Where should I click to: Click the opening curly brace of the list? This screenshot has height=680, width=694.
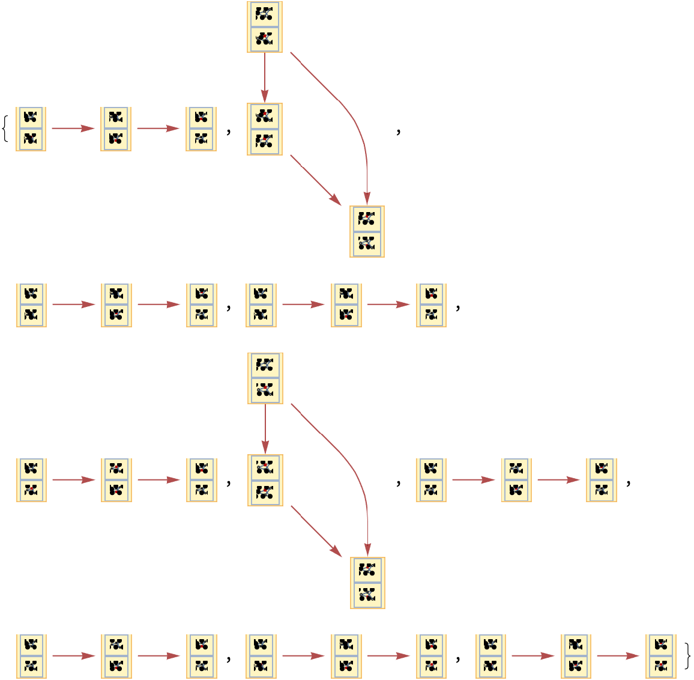point(6,129)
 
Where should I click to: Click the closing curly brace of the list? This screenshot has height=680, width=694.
point(687,656)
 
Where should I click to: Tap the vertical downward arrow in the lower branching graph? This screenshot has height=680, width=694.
point(265,428)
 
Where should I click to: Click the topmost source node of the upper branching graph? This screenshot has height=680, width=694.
point(265,26)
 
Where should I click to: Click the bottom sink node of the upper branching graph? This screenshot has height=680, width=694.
point(367,232)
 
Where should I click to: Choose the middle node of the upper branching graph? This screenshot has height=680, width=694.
point(265,129)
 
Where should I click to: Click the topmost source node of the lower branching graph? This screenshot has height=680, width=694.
point(265,378)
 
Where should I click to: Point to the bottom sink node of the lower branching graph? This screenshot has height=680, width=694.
point(367,583)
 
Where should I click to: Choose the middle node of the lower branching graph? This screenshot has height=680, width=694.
point(265,480)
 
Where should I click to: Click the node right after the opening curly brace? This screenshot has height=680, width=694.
point(31,129)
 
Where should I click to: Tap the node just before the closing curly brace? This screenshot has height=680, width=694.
point(660,656)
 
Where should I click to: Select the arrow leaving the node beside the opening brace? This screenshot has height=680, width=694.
point(73,129)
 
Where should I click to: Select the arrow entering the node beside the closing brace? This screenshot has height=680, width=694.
point(618,656)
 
